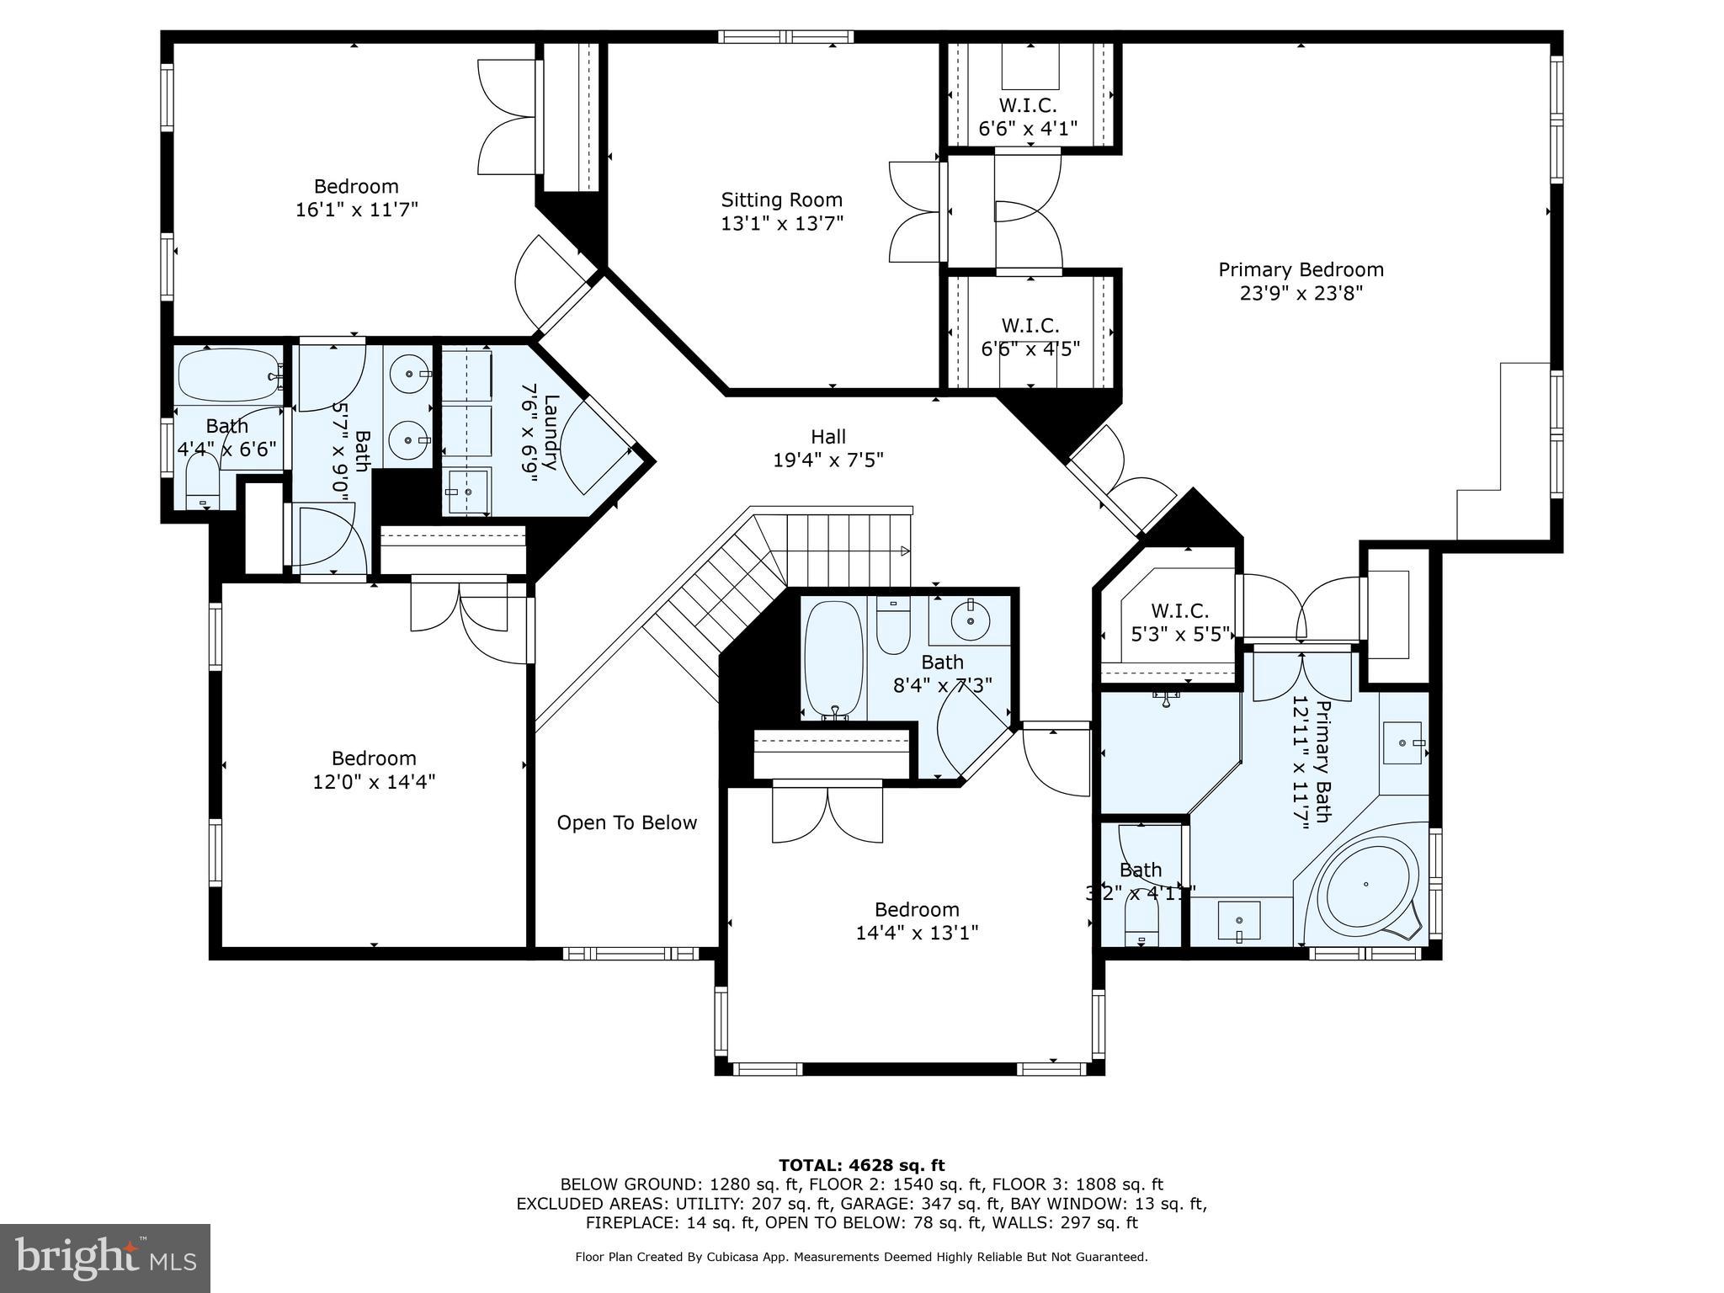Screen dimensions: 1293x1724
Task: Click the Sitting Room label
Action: point(781,200)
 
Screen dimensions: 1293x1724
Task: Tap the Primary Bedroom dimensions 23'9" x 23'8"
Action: point(1301,294)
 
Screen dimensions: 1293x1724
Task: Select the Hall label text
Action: point(828,437)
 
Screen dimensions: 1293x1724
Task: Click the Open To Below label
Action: point(627,823)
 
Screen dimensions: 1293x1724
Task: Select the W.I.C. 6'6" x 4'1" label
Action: point(1028,117)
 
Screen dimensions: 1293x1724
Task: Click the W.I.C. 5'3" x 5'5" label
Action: point(1179,622)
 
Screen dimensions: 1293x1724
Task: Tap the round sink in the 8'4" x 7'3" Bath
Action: point(971,621)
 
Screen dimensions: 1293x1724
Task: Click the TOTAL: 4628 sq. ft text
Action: point(861,1166)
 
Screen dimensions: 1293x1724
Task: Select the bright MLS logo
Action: point(105,1258)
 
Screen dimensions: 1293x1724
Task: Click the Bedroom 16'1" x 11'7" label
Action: point(356,198)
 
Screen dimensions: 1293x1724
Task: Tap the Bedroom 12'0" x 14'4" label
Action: point(374,769)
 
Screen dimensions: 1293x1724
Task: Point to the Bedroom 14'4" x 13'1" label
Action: point(917,921)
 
